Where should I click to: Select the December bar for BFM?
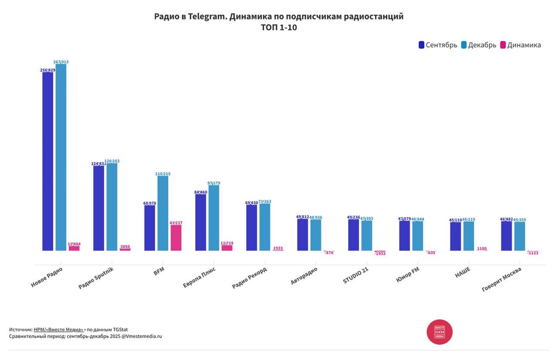[x=162, y=213]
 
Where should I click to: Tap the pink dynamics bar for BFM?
[x=176, y=238]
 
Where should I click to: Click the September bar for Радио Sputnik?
[x=99, y=208]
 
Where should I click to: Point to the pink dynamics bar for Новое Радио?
[x=74, y=248]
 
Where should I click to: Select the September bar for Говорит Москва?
[x=506, y=236]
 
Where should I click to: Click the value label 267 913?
[x=61, y=62]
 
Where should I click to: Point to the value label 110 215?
[x=162, y=174]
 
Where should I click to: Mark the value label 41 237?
[x=176, y=223]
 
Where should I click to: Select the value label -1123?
[x=532, y=253]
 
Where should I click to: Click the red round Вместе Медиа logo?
[x=440, y=332]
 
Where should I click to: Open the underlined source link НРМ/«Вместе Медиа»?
[x=58, y=329]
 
